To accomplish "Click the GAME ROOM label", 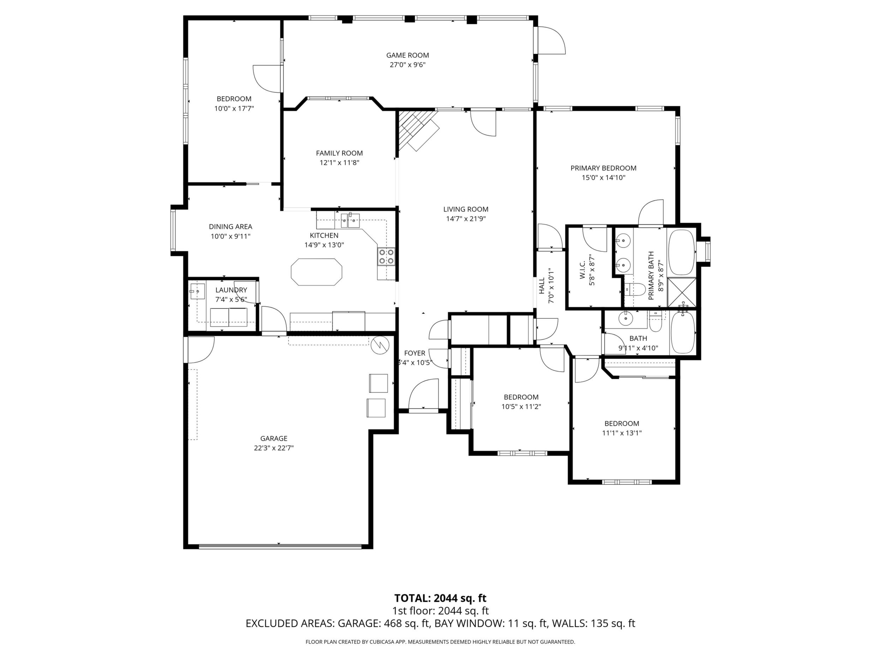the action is point(407,55).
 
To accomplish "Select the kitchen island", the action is point(316,272).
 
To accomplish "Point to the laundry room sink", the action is point(197,291).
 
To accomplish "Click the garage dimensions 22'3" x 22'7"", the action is point(274,448).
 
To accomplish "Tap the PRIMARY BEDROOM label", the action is point(604,168).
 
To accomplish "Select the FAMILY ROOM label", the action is point(339,153).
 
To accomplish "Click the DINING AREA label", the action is point(230,227).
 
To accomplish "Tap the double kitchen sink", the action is point(350,220).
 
